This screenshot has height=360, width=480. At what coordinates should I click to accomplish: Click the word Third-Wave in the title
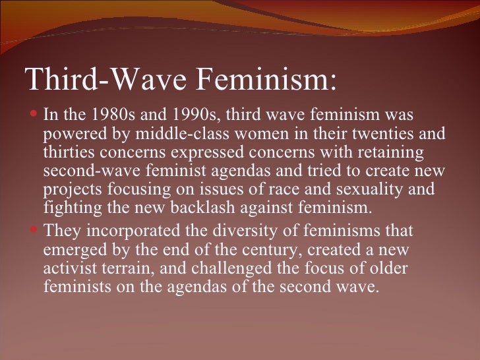pyautogui.click(x=105, y=80)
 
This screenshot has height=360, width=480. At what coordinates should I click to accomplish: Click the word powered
pyautogui.click(x=69, y=135)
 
